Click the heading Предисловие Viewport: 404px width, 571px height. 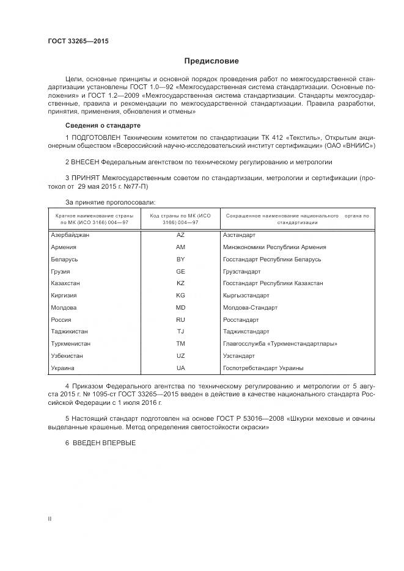click(211, 61)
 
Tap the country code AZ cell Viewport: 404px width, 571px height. click(180, 235)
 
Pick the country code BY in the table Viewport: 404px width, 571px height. click(180, 260)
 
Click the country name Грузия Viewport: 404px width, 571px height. click(61, 271)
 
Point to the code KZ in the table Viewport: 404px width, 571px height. click(180, 283)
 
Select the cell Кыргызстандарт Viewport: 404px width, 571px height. click(251, 296)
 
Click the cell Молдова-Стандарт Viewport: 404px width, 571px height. click(251, 307)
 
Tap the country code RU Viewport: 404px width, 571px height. click(180, 319)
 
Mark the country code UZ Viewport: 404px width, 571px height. click(180, 355)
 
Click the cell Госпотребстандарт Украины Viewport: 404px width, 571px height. click(263, 368)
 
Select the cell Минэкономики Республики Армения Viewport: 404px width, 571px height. click(274, 247)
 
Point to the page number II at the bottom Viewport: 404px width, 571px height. click(50, 518)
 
